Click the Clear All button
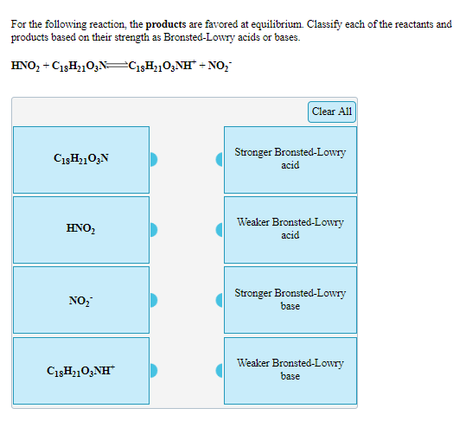(x=332, y=112)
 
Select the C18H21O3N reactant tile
(x=81, y=159)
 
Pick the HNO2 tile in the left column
(x=81, y=229)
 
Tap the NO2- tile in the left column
(x=81, y=300)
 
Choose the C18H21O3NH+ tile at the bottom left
(x=81, y=370)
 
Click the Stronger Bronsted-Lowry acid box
(x=290, y=159)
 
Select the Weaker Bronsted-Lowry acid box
(x=290, y=229)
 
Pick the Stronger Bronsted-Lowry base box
(x=290, y=300)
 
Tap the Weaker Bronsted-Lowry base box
(x=290, y=370)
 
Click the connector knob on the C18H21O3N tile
(x=154, y=159)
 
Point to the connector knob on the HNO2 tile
(x=154, y=230)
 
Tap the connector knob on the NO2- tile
(x=154, y=300)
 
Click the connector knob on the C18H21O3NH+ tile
(x=154, y=371)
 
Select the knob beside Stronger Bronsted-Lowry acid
(x=220, y=159)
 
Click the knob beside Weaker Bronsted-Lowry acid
(x=220, y=230)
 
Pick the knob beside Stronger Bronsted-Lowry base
(x=220, y=300)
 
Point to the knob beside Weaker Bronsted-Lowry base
(x=220, y=371)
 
